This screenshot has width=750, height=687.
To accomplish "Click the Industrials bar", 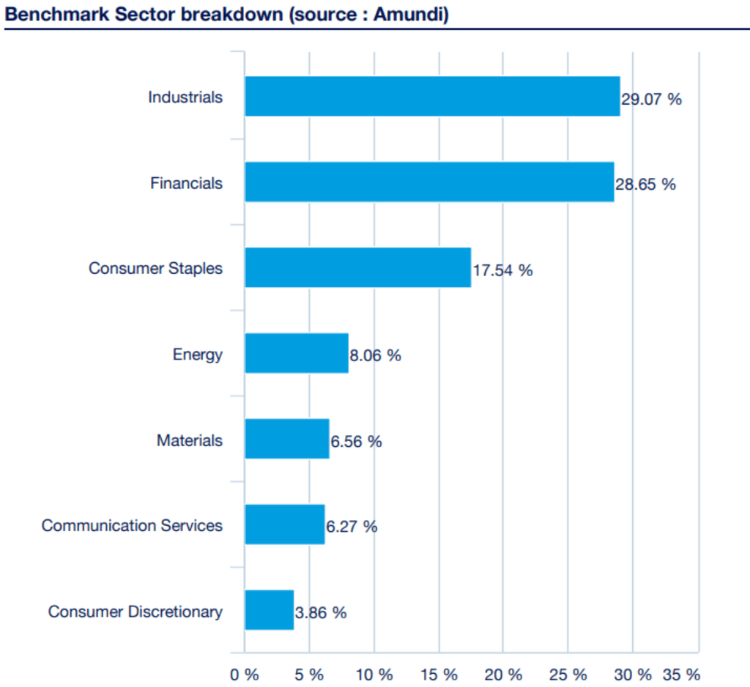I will tap(432, 96).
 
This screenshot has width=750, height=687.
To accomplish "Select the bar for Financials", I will tap(429, 182).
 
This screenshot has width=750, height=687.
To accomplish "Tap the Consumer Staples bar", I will tap(357, 267).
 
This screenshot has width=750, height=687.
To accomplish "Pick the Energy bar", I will tap(297, 353).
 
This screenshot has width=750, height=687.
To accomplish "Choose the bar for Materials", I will tap(287, 439).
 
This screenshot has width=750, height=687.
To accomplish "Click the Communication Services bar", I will tap(285, 524).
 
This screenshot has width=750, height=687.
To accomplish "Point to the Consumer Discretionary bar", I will tap(270, 610).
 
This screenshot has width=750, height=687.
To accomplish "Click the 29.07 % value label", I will tap(651, 99).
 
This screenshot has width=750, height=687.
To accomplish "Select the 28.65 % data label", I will tap(645, 185).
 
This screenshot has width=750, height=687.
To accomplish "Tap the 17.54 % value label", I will tap(502, 270).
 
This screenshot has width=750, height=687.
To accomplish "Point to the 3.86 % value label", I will tap(321, 613).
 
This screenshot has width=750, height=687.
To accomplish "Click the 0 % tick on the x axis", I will tap(245, 674).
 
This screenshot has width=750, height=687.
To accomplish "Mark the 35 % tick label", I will tap(681, 674).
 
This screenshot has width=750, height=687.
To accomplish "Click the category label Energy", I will tap(198, 354).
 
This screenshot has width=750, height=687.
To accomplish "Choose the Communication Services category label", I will tap(132, 526).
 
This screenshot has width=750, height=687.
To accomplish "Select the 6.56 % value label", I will tap(356, 442).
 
